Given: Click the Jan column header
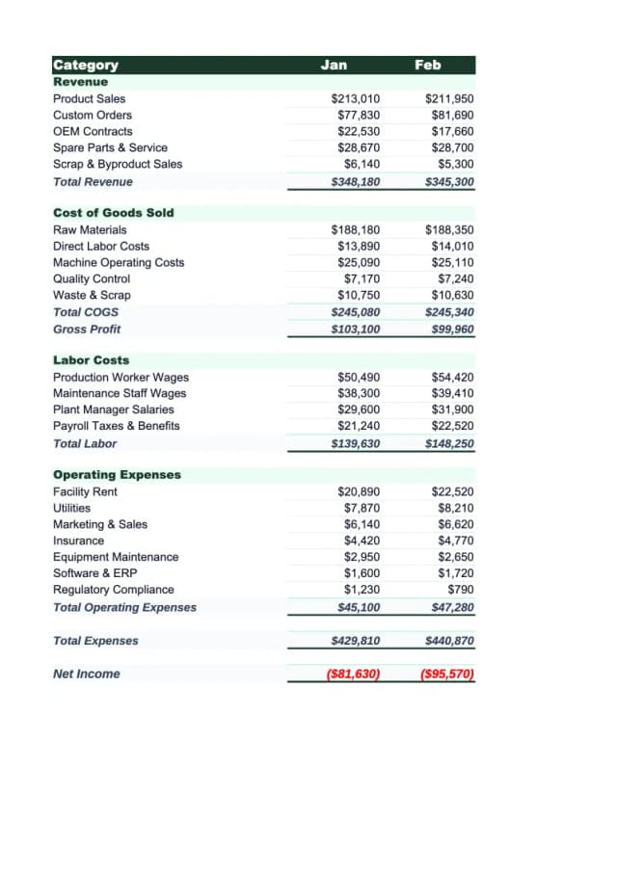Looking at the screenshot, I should pos(334,65).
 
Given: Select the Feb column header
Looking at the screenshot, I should pos(428,65).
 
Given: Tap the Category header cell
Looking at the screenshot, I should pos(86,66).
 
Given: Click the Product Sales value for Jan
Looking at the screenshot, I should pos(355,99).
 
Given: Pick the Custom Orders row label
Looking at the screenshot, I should pos(93,115).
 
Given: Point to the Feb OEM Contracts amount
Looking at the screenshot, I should pos(452,131).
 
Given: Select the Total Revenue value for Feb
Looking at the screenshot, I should pos(449,181).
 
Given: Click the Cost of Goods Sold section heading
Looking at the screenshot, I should pos(113,213).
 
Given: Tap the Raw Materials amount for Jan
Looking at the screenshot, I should pos(355,230).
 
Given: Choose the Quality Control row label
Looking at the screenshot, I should pos(92,278).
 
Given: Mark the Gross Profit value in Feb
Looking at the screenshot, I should pos(452,330).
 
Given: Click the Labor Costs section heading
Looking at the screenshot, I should pos(91,360).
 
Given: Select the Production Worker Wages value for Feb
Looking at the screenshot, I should pos(452,378).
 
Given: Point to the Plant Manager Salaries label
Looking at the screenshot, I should pos(114,410).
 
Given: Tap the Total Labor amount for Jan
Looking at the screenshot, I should pos(355,443).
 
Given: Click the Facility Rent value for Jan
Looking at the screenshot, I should pos(358,492).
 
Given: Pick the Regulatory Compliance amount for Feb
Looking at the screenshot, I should pos(461,590).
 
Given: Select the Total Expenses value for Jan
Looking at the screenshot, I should pos(355,641).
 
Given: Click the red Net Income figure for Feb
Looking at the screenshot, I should pos(448,674).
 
